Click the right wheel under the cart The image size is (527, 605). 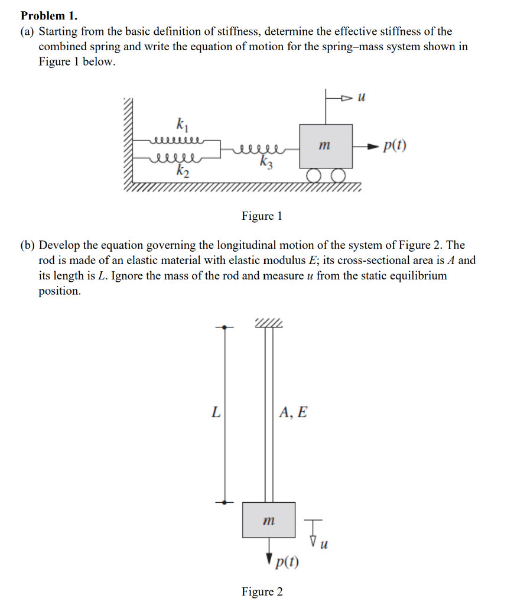(x=337, y=175)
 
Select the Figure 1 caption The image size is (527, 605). (x=262, y=216)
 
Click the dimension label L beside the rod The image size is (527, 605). (x=216, y=412)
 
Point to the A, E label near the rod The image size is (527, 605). (x=293, y=412)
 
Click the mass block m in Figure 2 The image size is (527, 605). (x=268, y=520)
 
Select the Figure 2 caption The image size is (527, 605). (x=262, y=591)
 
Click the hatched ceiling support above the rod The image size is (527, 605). (x=269, y=323)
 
